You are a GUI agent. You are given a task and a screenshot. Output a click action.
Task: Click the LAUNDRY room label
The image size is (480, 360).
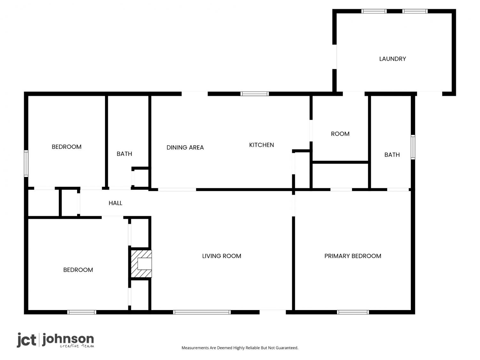(x=392, y=59)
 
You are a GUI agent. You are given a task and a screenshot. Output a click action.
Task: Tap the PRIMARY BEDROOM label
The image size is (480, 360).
(x=353, y=256)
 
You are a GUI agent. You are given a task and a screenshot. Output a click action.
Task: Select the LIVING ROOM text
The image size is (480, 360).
(x=221, y=256)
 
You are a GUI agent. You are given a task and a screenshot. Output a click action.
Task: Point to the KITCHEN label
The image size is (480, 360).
(x=261, y=145)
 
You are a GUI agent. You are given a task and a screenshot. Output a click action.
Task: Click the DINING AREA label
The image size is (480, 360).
(x=185, y=148)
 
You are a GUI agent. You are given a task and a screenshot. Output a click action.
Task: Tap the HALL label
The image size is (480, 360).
(x=115, y=203)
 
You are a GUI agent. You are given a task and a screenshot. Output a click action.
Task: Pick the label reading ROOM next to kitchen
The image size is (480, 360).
(x=340, y=134)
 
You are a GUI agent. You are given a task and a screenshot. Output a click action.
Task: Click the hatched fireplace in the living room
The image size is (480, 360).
(x=141, y=264)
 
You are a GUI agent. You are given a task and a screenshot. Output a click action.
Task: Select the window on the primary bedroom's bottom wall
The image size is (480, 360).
(x=353, y=312)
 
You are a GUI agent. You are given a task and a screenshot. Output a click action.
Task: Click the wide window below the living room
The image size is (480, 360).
(x=202, y=312)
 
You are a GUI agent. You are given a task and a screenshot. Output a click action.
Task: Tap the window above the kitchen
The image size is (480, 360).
(x=254, y=94)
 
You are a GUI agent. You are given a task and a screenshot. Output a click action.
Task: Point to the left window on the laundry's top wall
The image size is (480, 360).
(x=374, y=11)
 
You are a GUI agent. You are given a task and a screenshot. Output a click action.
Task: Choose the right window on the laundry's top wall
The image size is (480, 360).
(x=415, y=11)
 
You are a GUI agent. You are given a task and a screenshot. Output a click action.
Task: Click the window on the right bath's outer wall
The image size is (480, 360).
(x=413, y=147)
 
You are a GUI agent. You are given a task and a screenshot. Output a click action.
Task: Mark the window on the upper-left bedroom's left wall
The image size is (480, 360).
(x=26, y=164)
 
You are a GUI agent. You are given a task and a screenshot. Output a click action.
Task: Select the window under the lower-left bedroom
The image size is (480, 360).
(x=82, y=312)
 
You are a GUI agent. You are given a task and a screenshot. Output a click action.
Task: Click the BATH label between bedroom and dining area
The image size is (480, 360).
(x=124, y=154)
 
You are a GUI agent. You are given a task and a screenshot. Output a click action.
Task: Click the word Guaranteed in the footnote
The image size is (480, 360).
(x=287, y=348)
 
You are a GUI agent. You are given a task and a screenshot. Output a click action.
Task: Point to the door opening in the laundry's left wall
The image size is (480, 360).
(x=335, y=57)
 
